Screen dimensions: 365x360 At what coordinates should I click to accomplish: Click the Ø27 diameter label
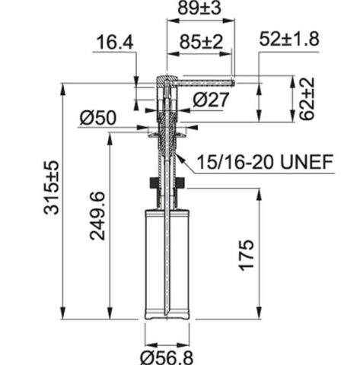210,99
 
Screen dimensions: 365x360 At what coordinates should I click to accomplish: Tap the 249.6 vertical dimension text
98,216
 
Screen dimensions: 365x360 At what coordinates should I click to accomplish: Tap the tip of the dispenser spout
231,81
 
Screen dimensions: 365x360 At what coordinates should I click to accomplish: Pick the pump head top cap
166,79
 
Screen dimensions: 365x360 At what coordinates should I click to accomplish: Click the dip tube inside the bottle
166,251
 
